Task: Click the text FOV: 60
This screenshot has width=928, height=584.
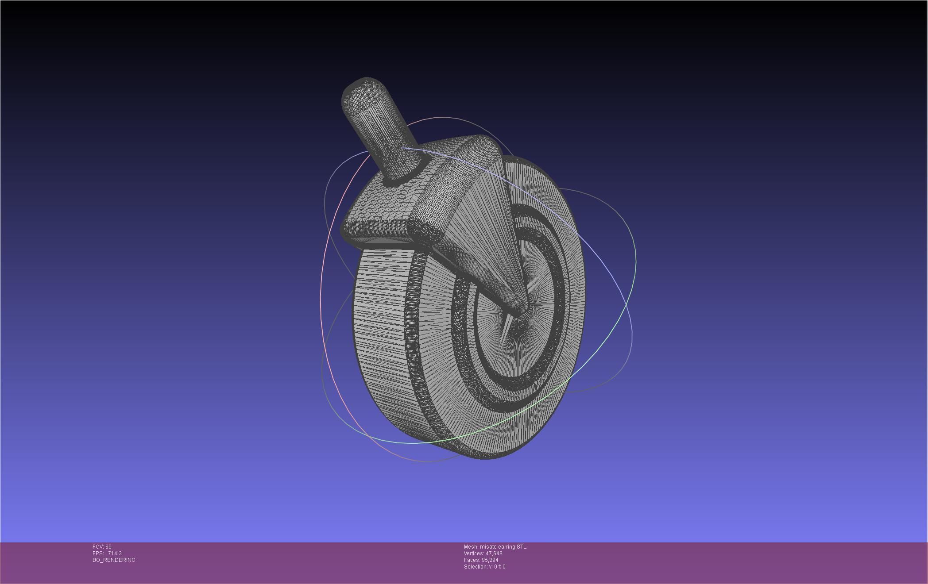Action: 102,547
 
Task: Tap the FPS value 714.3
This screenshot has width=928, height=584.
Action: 115,553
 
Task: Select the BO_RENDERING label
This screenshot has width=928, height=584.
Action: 114,560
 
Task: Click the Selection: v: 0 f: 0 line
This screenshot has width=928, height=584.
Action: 484,567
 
